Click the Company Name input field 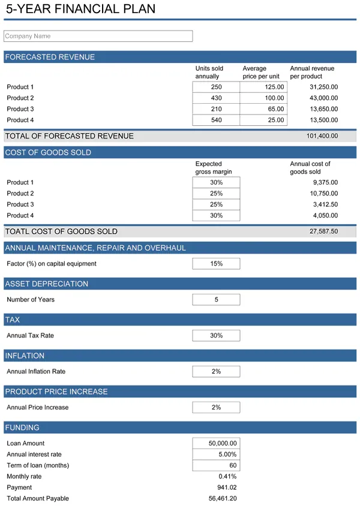(x=98, y=36)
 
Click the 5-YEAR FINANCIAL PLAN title (x=80, y=9)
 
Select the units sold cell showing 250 (x=216, y=87)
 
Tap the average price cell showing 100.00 (x=263, y=98)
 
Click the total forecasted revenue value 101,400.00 (x=322, y=136)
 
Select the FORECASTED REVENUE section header (x=50, y=57)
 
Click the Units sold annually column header (x=209, y=73)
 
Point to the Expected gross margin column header (x=213, y=168)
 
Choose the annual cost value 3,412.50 (x=325, y=204)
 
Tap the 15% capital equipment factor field (x=216, y=264)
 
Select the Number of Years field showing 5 (x=216, y=300)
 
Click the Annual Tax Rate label (x=30, y=336)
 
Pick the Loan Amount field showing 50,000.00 (x=216, y=443)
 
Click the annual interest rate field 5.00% (x=216, y=454)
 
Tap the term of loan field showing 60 (x=216, y=466)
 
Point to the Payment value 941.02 (x=227, y=487)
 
